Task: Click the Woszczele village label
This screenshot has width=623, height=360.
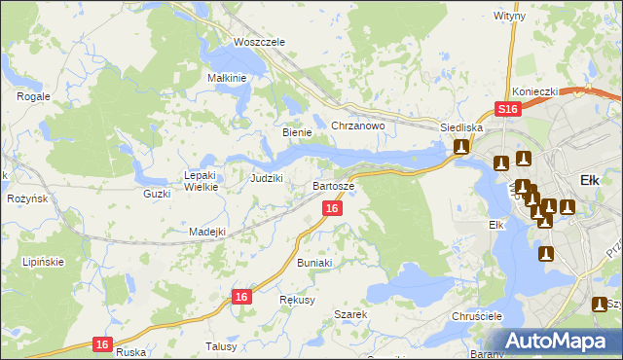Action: click(258, 42)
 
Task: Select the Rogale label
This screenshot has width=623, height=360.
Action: click(34, 96)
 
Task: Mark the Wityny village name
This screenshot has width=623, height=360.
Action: click(509, 17)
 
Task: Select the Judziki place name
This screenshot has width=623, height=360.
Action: click(266, 178)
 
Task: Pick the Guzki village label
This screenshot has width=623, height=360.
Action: click(156, 194)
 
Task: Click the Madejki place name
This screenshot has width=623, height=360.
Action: click(207, 232)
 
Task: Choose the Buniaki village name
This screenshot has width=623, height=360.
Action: click(314, 263)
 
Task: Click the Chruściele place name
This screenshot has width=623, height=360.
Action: click(476, 317)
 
